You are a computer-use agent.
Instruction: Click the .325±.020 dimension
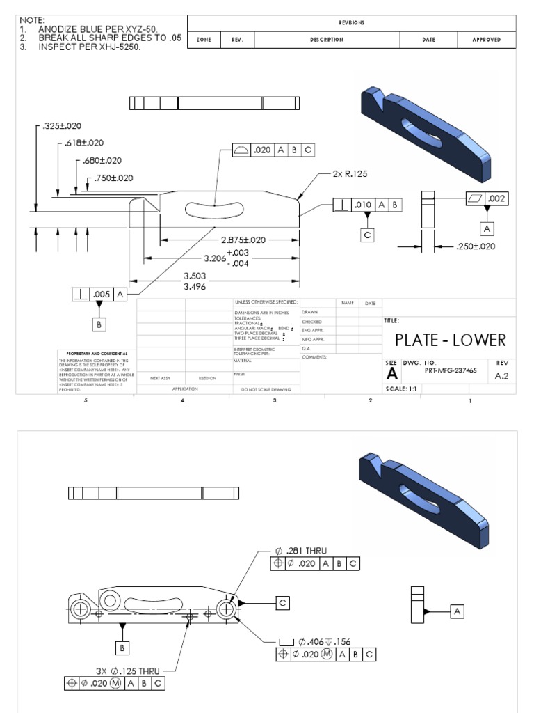coord(62,126)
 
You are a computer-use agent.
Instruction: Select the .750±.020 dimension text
coord(113,178)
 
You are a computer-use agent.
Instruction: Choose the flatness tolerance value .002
coord(498,198)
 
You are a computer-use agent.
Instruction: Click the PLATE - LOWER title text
coord(450,340)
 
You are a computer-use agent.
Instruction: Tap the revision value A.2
coord(501,375)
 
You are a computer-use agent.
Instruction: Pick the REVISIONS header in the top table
coord(352,22)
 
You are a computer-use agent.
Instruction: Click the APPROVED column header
coord(486,40)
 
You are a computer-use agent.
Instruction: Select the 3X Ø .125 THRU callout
coord(128,671)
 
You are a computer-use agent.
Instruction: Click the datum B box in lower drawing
coord(123,648)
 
